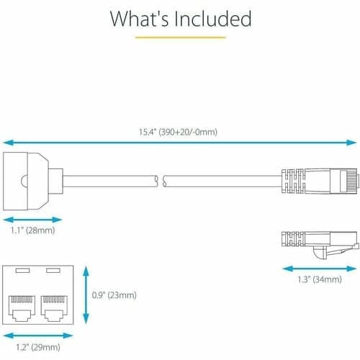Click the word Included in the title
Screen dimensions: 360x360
click(x=213, y=19)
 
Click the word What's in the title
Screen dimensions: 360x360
click(x=140, y=19)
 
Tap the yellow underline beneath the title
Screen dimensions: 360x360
click(x=181, y=37)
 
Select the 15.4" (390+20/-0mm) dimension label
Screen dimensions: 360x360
click(x=178, y=132)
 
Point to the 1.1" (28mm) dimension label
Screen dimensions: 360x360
click(x=33, y=230)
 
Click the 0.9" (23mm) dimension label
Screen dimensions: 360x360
click(x=114, y=295)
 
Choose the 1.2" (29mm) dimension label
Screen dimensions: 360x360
click(x=38, y=347)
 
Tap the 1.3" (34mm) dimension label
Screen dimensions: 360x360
click(x=320, y=279)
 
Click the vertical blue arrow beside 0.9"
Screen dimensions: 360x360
click(x=86, y=295)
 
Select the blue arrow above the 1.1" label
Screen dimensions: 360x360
click(x=33, y=220)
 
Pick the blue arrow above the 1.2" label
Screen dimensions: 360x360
click(x=38, y=336)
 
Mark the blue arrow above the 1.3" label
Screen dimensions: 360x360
click(x=320, y=269)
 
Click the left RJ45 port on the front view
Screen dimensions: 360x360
click(x=22, y=309)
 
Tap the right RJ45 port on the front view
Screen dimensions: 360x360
click(x=54, y=309)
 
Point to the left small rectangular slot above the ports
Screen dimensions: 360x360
click(x=22, y=271)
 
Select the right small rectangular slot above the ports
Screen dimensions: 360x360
click(x=53, y=271)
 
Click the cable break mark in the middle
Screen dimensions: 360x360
click(x=161, y=181)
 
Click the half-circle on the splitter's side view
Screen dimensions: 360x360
click(x=24, y=181)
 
